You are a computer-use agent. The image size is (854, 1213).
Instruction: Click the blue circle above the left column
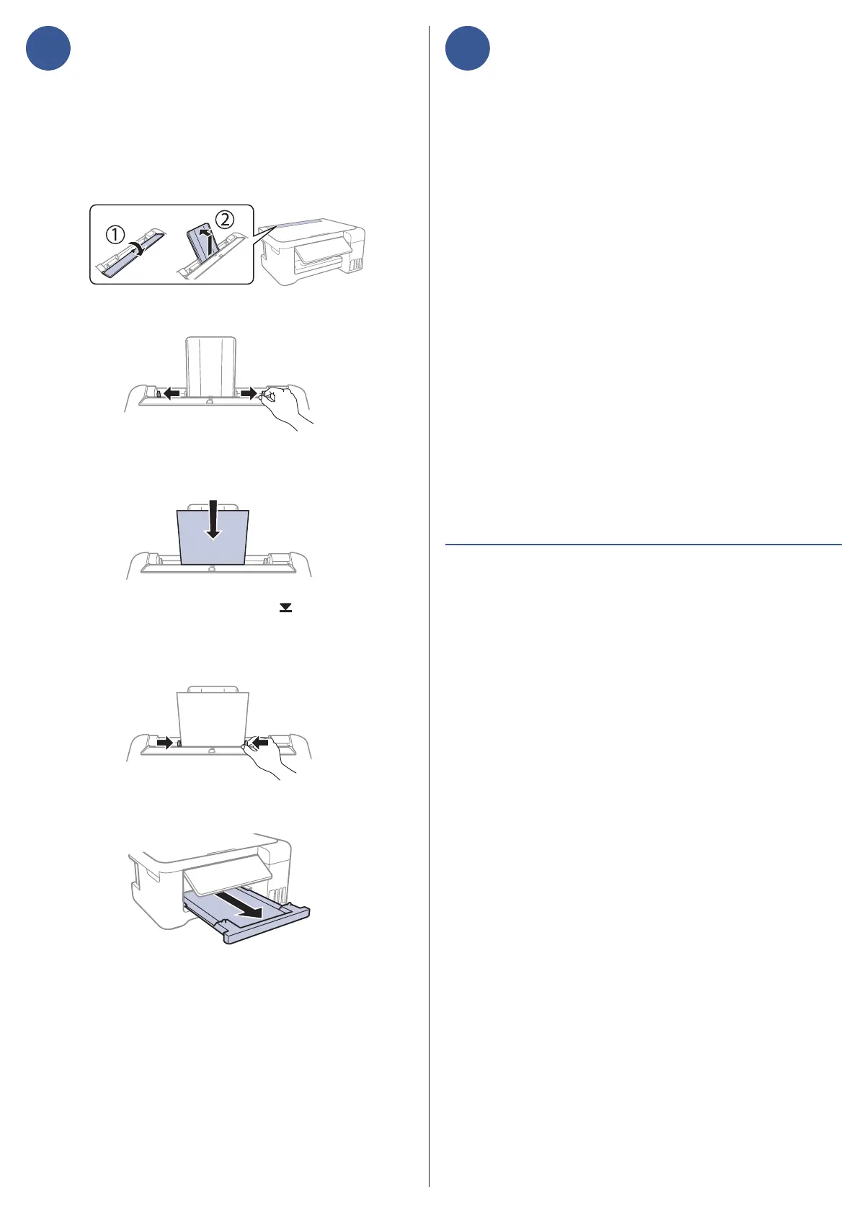[x=48, y=48]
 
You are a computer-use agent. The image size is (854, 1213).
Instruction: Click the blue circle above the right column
[x=467, y=48]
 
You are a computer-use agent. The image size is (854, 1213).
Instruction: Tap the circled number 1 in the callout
[x=116, y=234]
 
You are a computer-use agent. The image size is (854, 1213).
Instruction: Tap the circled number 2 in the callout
[x=225, y=220]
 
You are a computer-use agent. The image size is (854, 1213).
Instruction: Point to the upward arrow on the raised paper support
[x=208, y=241]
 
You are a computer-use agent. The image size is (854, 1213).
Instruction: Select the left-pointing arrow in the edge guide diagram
[x=171, y=393]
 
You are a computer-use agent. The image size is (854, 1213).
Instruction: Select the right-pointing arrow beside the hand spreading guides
[x=249, y=393]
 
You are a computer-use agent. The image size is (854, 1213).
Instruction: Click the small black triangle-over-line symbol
[x=286, y=608]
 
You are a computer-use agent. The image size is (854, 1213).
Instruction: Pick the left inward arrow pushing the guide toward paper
[x=165, y=742]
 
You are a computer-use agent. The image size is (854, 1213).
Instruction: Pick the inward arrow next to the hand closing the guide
[x=260, y=741]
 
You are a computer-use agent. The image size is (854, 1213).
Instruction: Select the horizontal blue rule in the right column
[x=643, y=545]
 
